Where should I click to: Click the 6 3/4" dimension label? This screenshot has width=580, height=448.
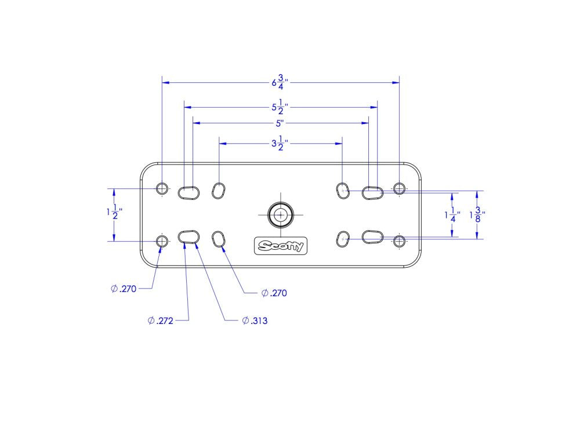280,82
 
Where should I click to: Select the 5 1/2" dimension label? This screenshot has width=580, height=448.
280,107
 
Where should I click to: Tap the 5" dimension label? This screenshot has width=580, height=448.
280,123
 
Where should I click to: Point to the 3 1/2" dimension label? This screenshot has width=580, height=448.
280,143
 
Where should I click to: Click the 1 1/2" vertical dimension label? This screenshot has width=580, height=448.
114,212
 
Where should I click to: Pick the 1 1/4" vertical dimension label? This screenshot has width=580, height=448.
452,214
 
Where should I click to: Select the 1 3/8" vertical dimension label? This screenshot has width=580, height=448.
477,214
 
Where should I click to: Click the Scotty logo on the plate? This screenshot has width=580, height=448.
281,246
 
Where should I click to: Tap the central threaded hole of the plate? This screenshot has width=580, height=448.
281,214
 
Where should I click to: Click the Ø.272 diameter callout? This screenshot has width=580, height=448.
161,320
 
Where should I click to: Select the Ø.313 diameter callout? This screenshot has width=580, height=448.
255,320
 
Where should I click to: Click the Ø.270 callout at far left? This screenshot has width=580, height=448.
124,289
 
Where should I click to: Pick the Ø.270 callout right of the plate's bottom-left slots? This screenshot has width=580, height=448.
274,293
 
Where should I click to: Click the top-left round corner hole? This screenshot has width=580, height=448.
162,188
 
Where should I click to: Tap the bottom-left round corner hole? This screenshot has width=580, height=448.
162,241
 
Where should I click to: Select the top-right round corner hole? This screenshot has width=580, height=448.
399,188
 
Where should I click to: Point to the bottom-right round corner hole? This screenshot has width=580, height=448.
399,241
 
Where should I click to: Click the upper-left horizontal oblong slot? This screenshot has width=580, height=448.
188,192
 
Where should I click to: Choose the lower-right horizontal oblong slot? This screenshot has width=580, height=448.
372,237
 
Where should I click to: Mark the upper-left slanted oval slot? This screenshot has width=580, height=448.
219,190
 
